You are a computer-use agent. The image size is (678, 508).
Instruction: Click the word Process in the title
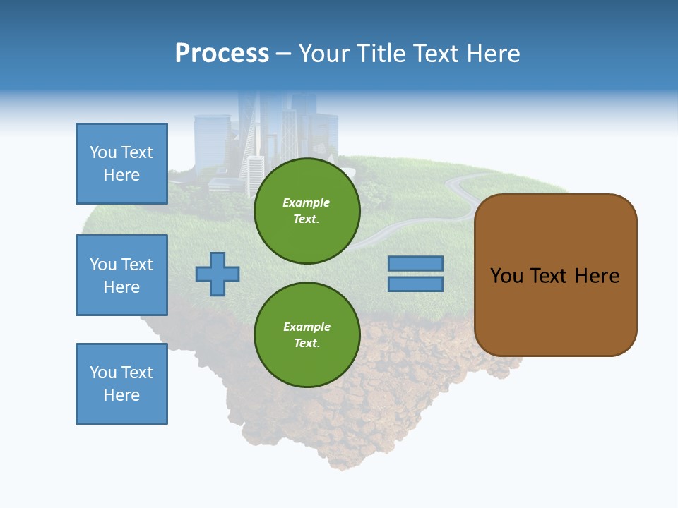pyautogui.click(x=222, y=53)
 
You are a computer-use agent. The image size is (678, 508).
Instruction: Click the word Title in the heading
pyautogui.click(x=383, y=53)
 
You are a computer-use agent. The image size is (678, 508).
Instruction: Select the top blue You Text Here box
pyautogui.click(x=121, y=164)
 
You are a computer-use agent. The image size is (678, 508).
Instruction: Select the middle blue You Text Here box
pyautogui.click(x=121, y=275)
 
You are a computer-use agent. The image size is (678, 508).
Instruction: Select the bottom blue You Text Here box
pyautogui.click(x=121, y=384)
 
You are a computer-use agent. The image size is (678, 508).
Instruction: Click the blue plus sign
pyautogui.click(x=218, y=274)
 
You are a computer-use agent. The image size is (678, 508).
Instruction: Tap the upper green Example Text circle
pyautogui.click(x=307, y=211)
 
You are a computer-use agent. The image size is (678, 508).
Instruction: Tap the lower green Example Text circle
pyautogui.click(x=307, y=335)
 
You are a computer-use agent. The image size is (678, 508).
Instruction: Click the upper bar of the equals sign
pyautogui.click(x=415, y=263)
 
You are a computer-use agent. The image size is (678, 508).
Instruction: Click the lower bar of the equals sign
pyautogui.click(x=415, y=284)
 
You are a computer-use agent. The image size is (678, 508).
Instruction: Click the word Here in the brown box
pyautogui.click(x=597, y=276)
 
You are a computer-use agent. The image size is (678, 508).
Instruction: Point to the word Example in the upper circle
pyautogui.click(x=307, y=202)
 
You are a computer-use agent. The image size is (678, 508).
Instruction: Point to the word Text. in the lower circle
pyautogui.click(x=307, y=344)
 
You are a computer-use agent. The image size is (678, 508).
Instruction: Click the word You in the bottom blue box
pyautogui.click(x=102, y=373)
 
